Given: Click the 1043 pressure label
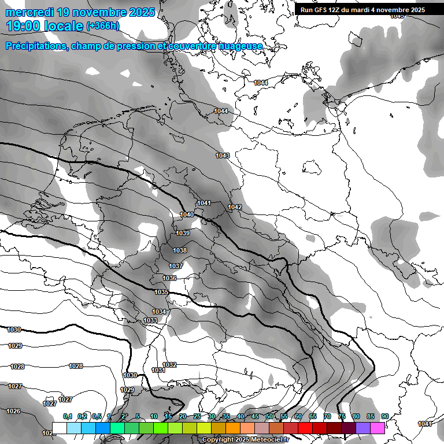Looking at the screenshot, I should point(223,156).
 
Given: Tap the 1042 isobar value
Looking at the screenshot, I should point(235,207).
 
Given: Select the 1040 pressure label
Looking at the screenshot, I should point(187,214).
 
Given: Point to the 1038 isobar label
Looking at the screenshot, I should point(180,250).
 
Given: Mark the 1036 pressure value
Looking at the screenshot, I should point(169,278).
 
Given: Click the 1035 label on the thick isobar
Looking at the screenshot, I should point(161,292).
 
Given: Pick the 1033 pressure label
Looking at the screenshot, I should point(150,320).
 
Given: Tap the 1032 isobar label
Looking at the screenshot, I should point(169,365).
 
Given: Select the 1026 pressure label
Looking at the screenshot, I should point(13,411).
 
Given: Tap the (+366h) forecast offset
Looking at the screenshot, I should point(103,25).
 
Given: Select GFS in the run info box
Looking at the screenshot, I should point(323,9).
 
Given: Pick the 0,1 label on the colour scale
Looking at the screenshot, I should point(68,416).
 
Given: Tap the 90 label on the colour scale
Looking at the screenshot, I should point(385,416).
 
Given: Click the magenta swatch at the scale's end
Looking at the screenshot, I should point(378,428).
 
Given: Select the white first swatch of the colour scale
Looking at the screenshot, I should point(59,428).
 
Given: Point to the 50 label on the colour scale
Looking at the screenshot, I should point(269,416).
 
